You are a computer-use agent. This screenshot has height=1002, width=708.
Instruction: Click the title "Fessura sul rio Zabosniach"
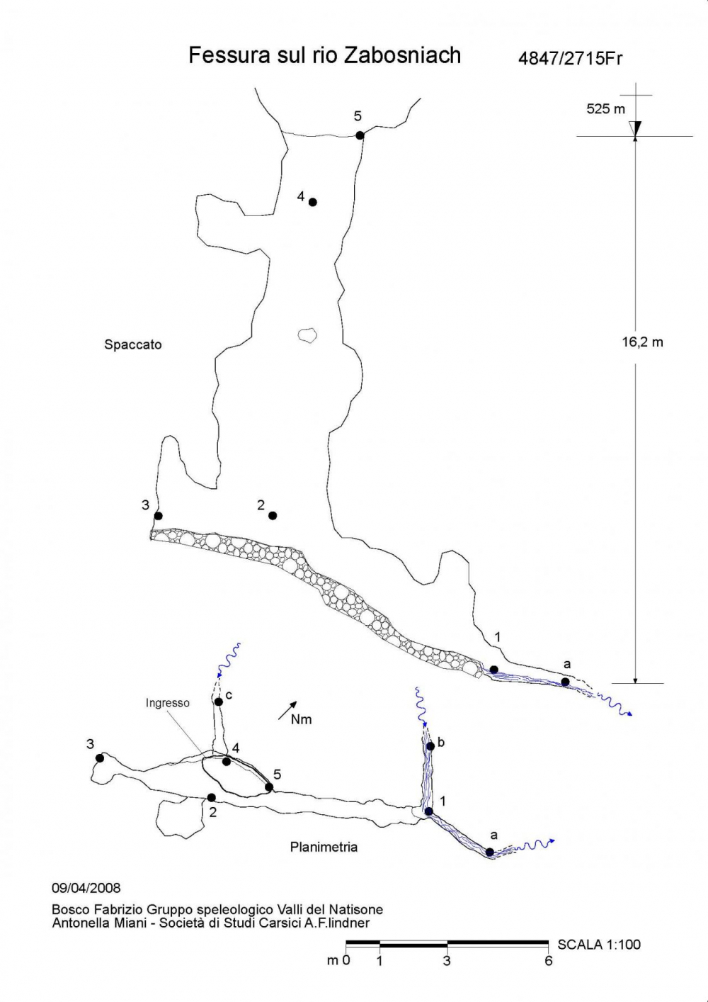point(324,55)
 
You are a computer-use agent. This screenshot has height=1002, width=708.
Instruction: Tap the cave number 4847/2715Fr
point(570,58)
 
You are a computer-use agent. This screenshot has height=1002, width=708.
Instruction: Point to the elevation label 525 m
point(605,109)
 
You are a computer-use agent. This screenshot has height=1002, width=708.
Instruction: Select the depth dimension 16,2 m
point(642,342)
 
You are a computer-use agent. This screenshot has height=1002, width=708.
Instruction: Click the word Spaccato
point(133,345)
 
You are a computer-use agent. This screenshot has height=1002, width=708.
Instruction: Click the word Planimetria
point(324,847)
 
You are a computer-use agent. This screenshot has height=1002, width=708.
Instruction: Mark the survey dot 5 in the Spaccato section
point(360,135)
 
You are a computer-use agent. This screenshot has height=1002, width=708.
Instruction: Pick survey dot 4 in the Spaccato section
point(313,202)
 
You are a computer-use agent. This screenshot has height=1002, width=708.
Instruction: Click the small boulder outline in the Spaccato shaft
point(307,335)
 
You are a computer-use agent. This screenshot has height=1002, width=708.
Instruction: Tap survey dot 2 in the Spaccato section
point(273,515)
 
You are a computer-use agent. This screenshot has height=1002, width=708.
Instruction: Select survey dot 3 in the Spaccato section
point(159,516)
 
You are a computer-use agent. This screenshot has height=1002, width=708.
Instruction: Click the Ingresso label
point(168,703)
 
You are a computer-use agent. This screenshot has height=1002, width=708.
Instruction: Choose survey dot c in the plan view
point(219,702)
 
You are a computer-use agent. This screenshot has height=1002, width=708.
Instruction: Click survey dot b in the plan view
point(430,746)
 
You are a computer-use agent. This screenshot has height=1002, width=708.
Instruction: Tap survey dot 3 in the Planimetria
point(100,758)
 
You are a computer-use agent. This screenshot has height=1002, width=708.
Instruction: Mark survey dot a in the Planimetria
point(490,852)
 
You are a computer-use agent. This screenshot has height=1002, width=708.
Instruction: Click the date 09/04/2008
point(86,888)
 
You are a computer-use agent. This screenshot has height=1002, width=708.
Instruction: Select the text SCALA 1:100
point(599,945)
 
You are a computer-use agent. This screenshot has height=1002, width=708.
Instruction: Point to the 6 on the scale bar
point(549,961)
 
